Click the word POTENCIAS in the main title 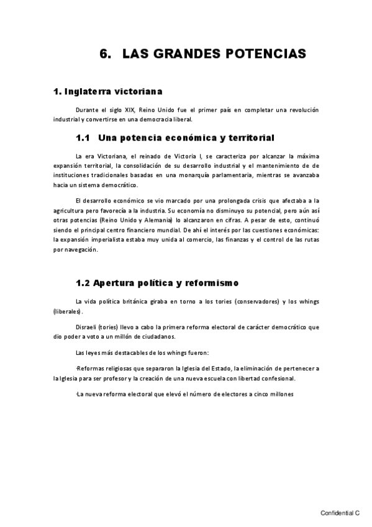[266, 54]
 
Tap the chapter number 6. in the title [105, 54]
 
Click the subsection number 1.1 [83, 137]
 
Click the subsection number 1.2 [83, 283]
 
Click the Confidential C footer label [340, 514]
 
